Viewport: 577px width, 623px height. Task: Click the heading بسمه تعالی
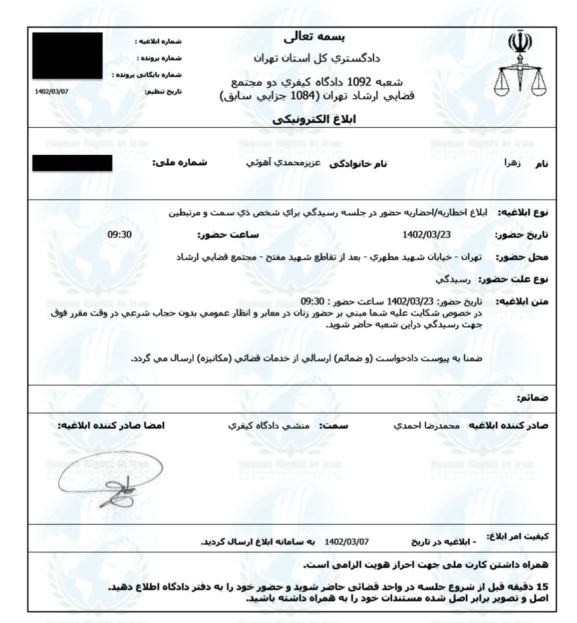point(314,37)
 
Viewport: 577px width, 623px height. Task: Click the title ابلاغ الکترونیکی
point(314,119)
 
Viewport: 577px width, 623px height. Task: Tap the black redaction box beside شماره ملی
point(72,163)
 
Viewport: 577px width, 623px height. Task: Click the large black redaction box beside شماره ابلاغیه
point(68,56)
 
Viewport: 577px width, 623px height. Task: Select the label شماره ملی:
point(180,163)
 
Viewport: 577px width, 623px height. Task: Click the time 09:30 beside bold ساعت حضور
point(119,234)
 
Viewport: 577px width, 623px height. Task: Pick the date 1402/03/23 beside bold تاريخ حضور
point(426,235)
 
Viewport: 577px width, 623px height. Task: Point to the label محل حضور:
point(522,257)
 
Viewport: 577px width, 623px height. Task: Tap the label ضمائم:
point(532,398)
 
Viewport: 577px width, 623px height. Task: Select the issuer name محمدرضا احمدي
point(426,426)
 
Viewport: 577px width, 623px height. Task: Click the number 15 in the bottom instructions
point(542,586)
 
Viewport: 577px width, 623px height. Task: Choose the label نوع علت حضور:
point(513,279)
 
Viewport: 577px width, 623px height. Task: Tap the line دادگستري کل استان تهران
point(317,59)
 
